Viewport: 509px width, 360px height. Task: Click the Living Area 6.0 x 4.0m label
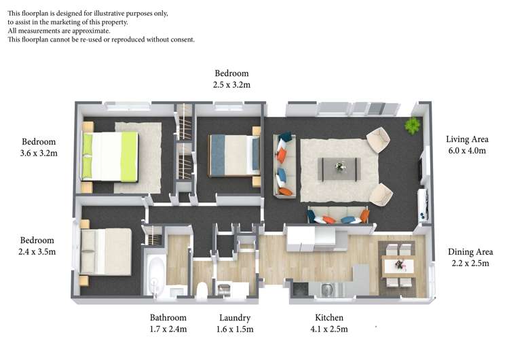click(467, 145)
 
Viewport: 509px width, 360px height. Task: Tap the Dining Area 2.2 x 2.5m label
click(470, 257)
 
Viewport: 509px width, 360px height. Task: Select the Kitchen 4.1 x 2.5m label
click(329, 323)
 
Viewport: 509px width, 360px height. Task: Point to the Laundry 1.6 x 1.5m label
click(235, 323)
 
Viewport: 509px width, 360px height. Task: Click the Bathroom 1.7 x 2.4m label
click(168, 323)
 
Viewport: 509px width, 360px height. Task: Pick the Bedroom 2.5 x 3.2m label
click(232, 79)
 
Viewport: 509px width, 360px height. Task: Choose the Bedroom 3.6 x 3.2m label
click(39, 147)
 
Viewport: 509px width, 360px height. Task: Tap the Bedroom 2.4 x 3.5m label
click(37, 246)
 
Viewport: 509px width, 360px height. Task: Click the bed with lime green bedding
click(110, 156)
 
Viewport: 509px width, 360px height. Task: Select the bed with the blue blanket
click(234, 156)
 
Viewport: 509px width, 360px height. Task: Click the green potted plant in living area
click(413, 126)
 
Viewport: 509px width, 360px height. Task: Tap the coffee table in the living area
click(339, 168)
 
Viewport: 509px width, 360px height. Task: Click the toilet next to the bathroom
click(202, 290)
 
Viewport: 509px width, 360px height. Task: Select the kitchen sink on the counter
click(327, 288)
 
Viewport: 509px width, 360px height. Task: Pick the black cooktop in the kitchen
click(301, 289)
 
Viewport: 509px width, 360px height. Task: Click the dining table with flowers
click(399, 266)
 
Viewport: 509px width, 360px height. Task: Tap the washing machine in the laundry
click(224, 290)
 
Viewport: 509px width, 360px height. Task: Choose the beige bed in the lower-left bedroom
click(106, 251)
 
